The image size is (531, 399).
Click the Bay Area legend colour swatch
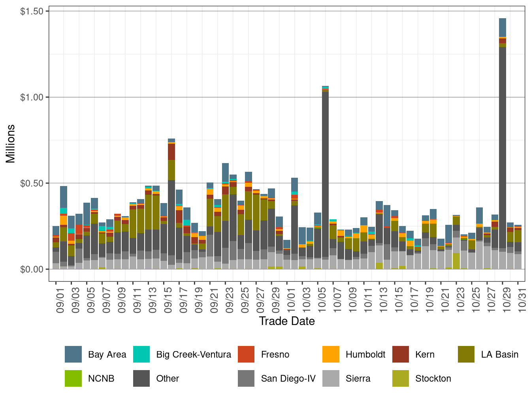73,354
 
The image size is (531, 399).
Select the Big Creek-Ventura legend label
194,354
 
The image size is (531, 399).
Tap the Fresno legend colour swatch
246,354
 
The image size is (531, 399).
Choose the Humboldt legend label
365,354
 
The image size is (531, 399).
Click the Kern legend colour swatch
401,354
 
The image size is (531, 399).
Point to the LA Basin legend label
499,354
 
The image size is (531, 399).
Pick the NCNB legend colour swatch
73,378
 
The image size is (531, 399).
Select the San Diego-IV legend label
288,378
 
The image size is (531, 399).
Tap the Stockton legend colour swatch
401,378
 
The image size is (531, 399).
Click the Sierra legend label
358,378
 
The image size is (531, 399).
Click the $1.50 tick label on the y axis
32,11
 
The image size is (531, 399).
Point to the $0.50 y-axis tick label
32,183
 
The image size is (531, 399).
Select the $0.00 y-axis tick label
32,269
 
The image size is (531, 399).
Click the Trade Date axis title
287,321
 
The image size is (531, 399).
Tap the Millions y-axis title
11,143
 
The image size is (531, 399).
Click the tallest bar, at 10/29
503,158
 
